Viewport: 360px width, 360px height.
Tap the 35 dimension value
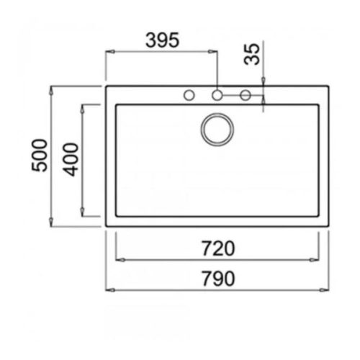pyautogui.click(x=251, y=54)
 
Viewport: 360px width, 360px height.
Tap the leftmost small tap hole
pyautogui.click(x=190, y=94)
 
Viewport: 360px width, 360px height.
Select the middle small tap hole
pyautogui.click(x=217, y=94)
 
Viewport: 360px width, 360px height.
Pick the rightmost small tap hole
pyautogui.click(x=245, y=94)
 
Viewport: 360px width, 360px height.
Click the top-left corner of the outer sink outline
pyautogui.click(x=107, y=87)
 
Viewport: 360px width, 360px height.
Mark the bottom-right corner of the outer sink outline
pyautogui.click(x=328, y=225)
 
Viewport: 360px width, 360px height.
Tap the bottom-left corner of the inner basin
pyautogui.click(x=116, y=215)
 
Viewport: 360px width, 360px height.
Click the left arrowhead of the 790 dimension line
pyautogui.click(x=110, y=289)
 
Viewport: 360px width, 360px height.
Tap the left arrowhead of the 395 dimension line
pyautogui.click(x=110, y=50)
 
